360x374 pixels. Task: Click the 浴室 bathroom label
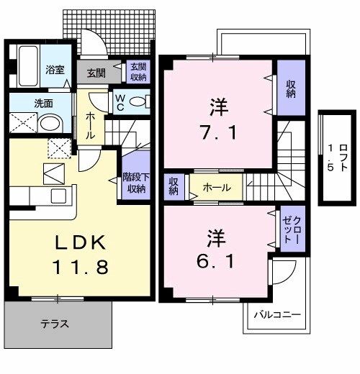(55, 70)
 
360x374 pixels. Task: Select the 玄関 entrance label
(96, 73)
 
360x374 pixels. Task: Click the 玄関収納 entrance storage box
(137, 72)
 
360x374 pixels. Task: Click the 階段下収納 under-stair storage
(136, 183)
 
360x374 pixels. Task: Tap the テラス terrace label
(54, 324)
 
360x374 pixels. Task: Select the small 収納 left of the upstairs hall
(174, 188)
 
